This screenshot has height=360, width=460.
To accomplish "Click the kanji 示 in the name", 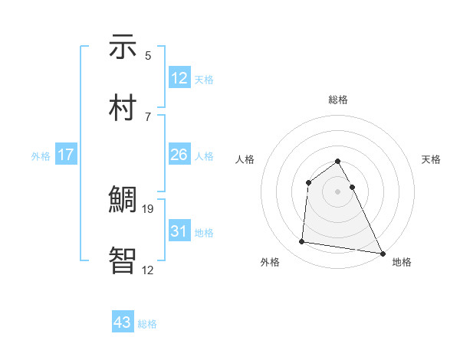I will [x=123, y=48].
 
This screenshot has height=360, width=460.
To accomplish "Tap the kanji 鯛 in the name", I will [x=123, y=201].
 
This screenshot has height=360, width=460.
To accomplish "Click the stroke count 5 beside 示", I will [x=148, y=56].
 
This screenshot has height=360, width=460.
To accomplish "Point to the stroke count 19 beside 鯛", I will [x=149, y=208].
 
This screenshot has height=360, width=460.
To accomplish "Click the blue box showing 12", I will [x=179, y=78].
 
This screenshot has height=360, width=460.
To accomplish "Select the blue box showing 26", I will [x=179, y=155].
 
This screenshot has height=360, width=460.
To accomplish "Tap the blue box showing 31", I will [x=179, y=231].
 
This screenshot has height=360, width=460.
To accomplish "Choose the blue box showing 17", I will [x=66, y=155].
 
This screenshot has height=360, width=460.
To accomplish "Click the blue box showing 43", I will [x=123, y=322].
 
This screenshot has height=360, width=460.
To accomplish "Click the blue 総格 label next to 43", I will [x=147, y=324].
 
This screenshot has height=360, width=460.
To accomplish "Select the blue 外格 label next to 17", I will [x=41, y=156].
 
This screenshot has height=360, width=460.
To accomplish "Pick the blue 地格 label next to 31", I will [x=204, y=233].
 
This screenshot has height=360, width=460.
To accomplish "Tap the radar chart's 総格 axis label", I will [x=338, y=100].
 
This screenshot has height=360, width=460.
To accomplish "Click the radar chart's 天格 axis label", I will [x=432, y=159].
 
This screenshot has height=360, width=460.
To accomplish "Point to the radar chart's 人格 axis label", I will [x=245, y=159].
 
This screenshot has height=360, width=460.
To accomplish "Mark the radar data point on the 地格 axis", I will [x=382, y=253].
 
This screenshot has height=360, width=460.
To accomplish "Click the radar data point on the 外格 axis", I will [x=302, y=242].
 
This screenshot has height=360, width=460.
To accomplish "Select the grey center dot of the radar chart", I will [x=338, y=191].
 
